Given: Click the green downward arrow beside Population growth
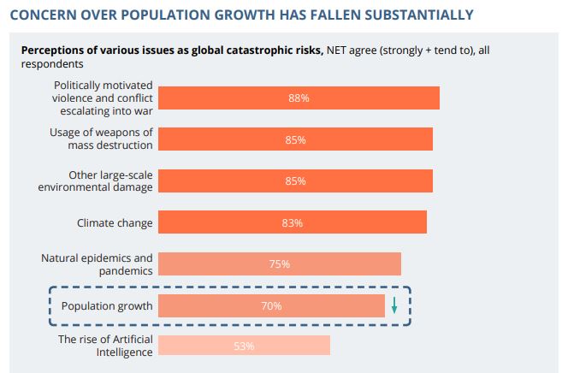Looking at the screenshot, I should pyautogui.click(x=394, y=305).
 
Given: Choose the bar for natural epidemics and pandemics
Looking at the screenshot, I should pyautogui.click(x=342, y=263).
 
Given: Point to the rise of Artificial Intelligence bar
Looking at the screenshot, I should pyautogui.click(x=282, y=346).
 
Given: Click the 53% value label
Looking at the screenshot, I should pyautogui.click(x=244, y=346).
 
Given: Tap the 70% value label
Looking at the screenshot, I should pyautogui.click(x=272, y=305).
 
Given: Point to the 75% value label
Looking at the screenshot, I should pyautogui.click(x=279, y=264).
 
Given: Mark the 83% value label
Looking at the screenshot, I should pyautogui.click(x=293, y=223).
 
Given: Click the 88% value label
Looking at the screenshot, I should pyautogui.click(x=299, y=98).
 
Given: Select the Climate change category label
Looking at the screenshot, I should pyautogui.click(x=115, y=223).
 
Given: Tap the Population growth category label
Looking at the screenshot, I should pyautogui.click(x=107, y=305).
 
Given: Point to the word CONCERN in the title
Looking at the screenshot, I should pyautogui.click(x=44, y=15).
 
